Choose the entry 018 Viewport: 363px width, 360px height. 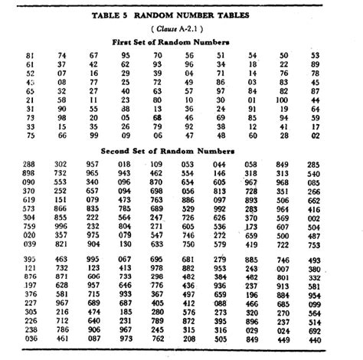pyautogui.click(x=123, y=164)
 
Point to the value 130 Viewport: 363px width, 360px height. pyautogui.click(x=123, y=244)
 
